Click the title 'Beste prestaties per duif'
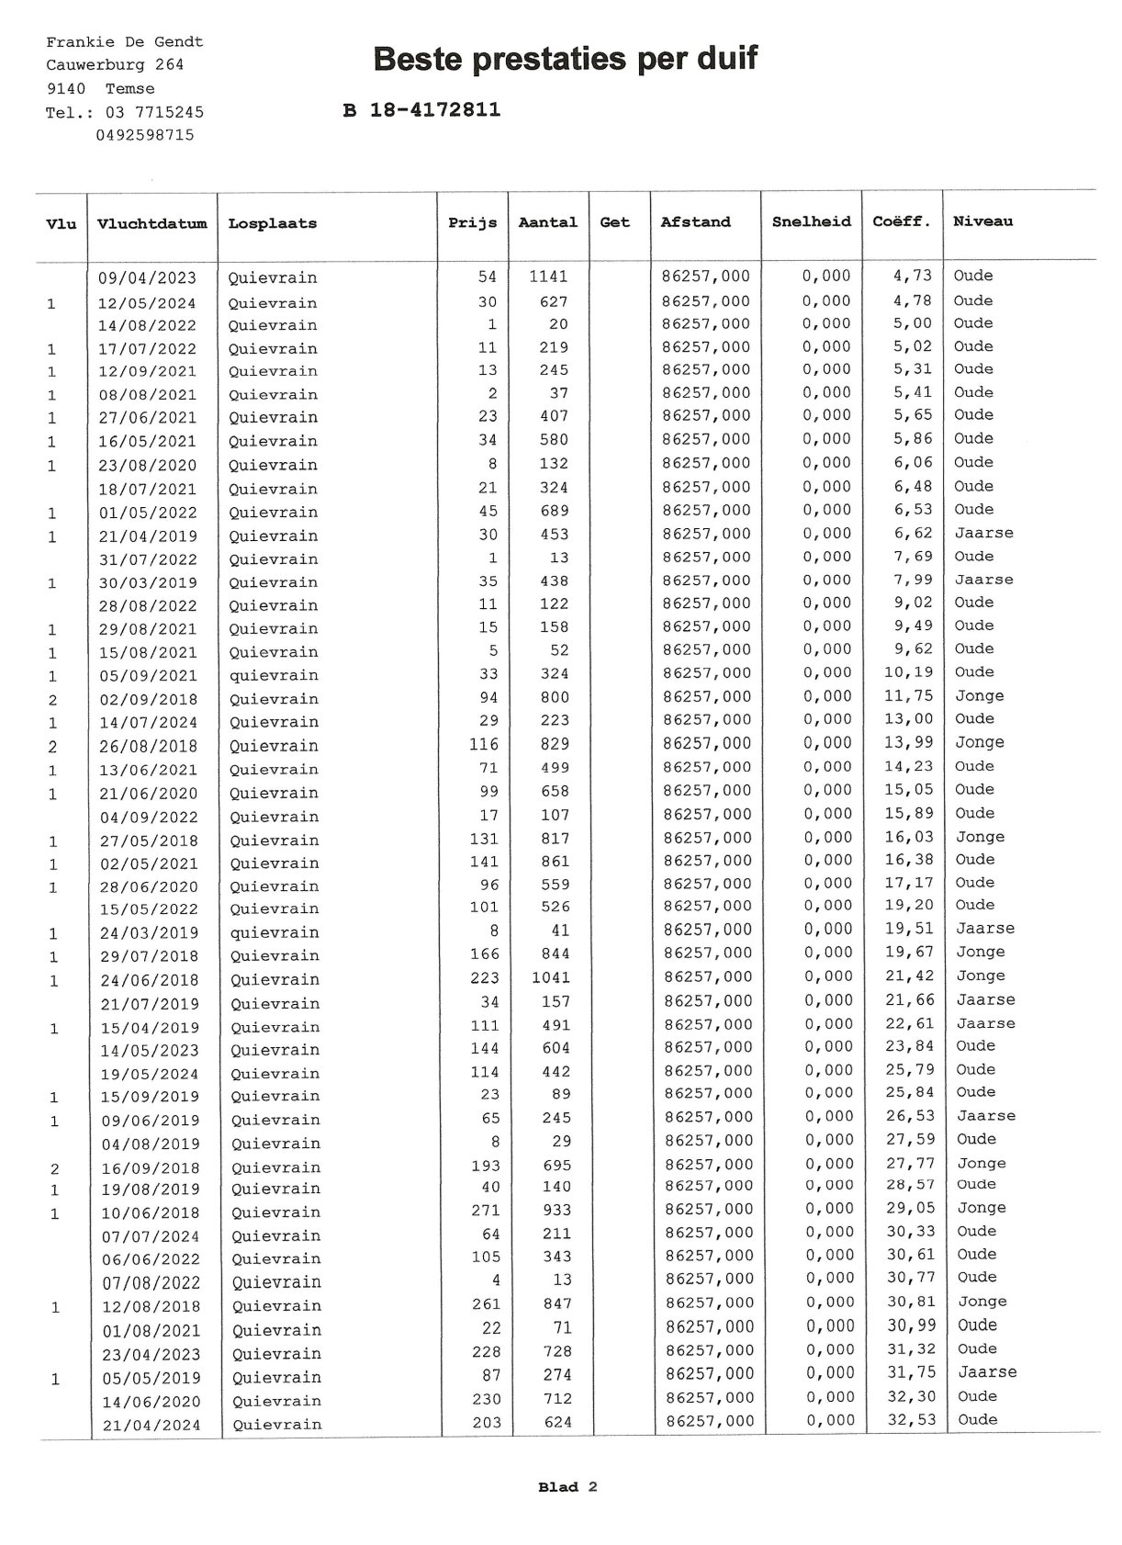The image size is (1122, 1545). pos(566,60)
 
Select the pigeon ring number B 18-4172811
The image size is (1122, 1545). pos(421,110)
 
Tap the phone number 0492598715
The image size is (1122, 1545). pos(144,135)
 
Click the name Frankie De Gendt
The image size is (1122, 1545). pos(124,42)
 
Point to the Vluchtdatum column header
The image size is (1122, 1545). pos(151,223)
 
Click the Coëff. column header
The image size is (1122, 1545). pos(901,221)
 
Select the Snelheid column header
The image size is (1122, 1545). pos(811,221)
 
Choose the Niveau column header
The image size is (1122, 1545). pos(982,221)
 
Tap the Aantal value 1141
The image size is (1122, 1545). pos(548,276)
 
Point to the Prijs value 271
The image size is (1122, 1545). pos(485,1210)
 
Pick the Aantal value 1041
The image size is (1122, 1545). pos(550,977)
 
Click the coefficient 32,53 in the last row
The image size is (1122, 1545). pos(909,1420)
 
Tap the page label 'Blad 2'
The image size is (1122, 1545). pos(567,1487)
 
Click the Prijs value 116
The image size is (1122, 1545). pos(484,744)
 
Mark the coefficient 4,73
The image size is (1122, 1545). pos(912,276)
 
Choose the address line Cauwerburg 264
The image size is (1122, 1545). pos(115,65)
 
